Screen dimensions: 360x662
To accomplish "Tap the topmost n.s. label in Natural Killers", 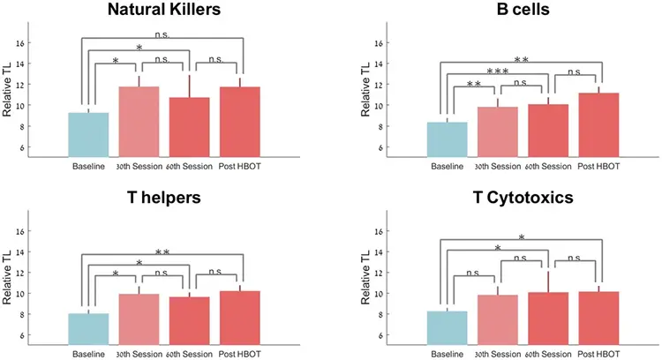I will pos(163,36).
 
